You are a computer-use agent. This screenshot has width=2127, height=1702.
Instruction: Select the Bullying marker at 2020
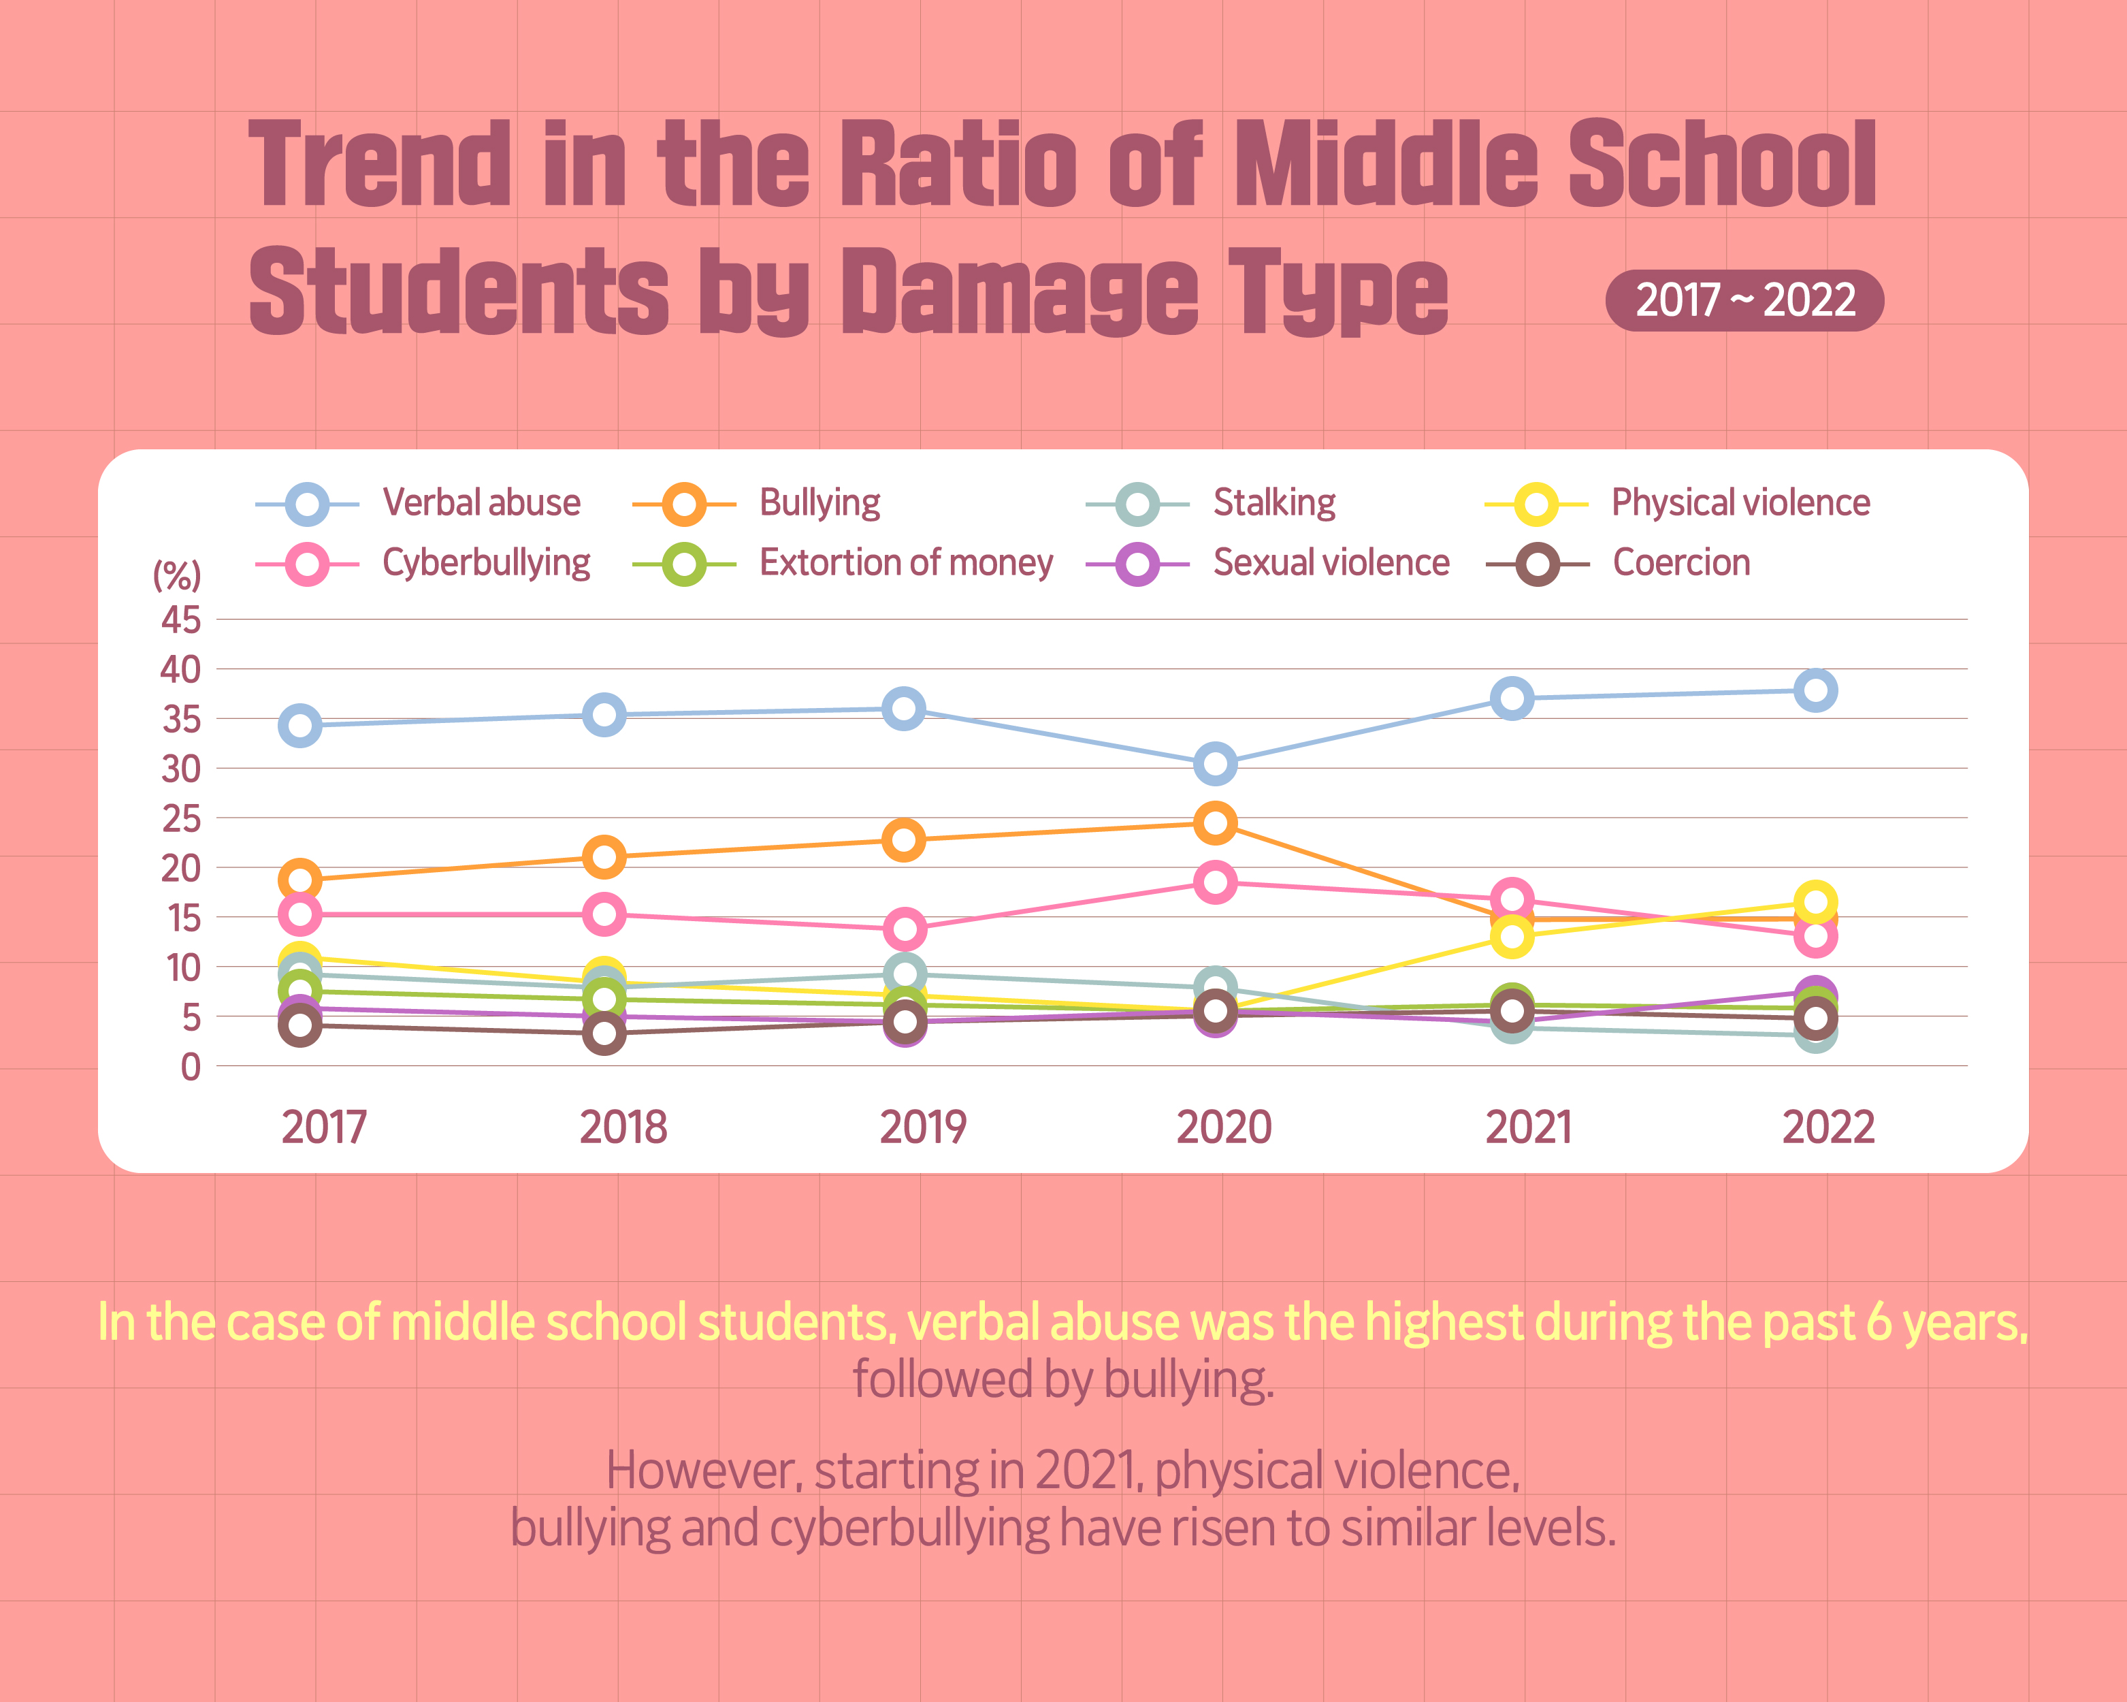pyautogui.click(x=1216, y=823)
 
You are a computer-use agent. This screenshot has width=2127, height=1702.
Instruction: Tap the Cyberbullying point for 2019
pyautogui.click(x=904, y=929)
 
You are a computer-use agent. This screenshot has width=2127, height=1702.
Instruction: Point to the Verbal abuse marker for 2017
pyautogui.click(x=300, y=725)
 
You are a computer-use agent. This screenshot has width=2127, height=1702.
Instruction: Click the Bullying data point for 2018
pyautogui.click(x=604, y=856)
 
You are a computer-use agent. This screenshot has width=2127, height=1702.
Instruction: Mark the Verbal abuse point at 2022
pyautogui.click(x=1815, y=690)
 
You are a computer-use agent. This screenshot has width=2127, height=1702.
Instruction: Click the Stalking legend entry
pyautogui.click(x=1273, y=503)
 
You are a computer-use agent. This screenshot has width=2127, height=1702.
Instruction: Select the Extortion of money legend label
pyautogui.click(x=906, y=562)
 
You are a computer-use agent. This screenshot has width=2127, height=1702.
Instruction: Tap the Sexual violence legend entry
pyautogui.click(x=1331, y=562)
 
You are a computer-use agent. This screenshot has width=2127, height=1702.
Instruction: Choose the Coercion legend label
pyautogui.click(x=1681, y=562)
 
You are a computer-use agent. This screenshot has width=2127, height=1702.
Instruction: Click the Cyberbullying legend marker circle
pyautogui.click(x=307, y=564)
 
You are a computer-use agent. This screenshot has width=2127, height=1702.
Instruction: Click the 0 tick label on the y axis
pyautogui.click(x=191, y=1067)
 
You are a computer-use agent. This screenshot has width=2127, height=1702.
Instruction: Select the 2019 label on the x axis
pyautogui.click(x=922, y=1127)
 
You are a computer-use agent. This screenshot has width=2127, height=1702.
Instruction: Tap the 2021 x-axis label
pyautogui.click(x=1528, y=1127)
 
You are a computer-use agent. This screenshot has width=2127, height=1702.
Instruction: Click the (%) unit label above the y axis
pyautogui.click(x=176, y=574)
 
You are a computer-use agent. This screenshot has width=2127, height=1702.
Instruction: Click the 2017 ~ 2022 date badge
pyautogui.click(x=1744, y=300)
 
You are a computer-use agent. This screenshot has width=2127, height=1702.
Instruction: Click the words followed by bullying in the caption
pyautogui.click(x=1062, y=1379)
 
